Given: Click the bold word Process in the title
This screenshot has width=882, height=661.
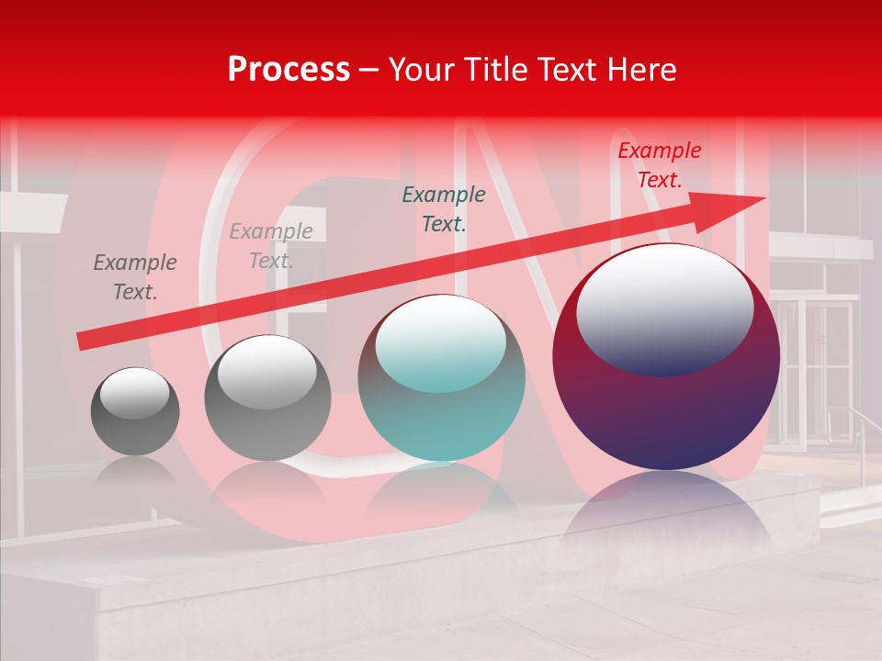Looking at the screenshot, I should point(288,69).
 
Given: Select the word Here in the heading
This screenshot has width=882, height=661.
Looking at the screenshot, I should point(641,69).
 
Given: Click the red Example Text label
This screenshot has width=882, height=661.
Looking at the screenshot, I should point(659,165).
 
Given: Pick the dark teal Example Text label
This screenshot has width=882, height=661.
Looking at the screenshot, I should point(444,208).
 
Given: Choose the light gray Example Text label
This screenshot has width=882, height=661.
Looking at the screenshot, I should point(271,246).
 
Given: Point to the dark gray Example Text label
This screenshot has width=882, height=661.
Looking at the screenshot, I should point(134,277).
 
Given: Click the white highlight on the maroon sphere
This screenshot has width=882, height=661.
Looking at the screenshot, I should point(664,308).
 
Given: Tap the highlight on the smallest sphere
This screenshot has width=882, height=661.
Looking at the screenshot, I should point(134,392).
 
